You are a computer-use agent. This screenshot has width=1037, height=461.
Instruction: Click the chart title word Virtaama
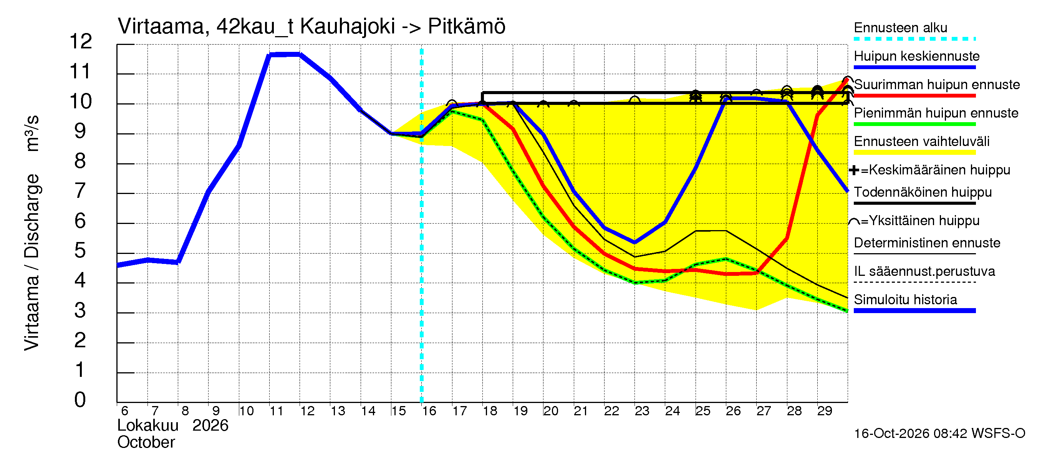pos(161,27)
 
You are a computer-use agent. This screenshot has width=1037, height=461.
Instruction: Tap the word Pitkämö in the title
pos(466,27)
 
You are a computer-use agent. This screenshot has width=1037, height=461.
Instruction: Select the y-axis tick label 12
pos(81,41)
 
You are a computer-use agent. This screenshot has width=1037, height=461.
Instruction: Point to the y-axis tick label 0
pos(80,400)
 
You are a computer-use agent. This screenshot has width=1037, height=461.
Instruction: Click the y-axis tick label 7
pos(80,191)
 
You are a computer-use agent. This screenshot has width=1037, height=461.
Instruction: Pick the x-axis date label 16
pos(429,411)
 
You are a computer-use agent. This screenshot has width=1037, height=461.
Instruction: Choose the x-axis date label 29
pos(825,411)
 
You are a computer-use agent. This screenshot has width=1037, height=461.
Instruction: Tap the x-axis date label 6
pos(125,411)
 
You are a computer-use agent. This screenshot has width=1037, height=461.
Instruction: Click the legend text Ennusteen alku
pos(901,28)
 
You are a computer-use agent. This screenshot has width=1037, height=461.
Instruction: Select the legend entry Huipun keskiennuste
pos(917,56)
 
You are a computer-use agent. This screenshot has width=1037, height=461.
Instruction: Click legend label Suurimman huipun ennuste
pos(937,85)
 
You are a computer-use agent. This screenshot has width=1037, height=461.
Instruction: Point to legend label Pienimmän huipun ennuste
pos(936,113)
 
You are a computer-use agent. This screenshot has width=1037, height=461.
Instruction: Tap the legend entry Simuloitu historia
pos(905,300)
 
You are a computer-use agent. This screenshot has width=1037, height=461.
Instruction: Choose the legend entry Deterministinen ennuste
pos(927,243)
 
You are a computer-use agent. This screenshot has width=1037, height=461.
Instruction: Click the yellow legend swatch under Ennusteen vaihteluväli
pos(914,153)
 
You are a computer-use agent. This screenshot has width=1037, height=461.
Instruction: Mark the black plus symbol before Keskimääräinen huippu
pos(854,171)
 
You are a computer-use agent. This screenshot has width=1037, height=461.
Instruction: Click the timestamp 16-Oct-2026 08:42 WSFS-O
pos(939,434)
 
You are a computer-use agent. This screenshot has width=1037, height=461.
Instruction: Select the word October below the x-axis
pos(146,443)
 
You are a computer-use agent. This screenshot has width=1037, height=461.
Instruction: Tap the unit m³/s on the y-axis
pos(32,133)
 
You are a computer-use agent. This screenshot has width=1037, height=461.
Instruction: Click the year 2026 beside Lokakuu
pos(210,426)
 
